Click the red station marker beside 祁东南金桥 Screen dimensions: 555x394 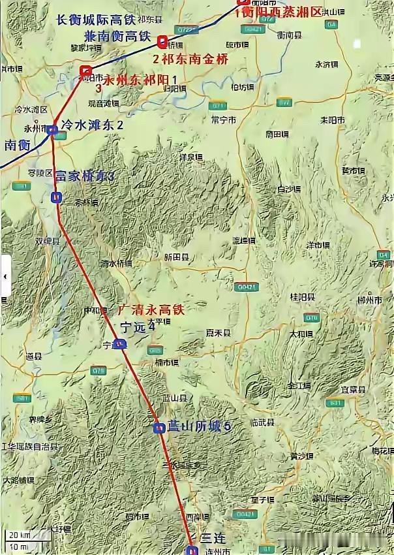[162, 42]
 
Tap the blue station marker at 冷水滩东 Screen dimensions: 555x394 [52, 130]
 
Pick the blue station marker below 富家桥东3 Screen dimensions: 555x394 [57, 197]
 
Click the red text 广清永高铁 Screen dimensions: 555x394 [151, 310]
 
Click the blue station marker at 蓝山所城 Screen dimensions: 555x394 [158, 428]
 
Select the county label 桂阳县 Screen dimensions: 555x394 [303, 297]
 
